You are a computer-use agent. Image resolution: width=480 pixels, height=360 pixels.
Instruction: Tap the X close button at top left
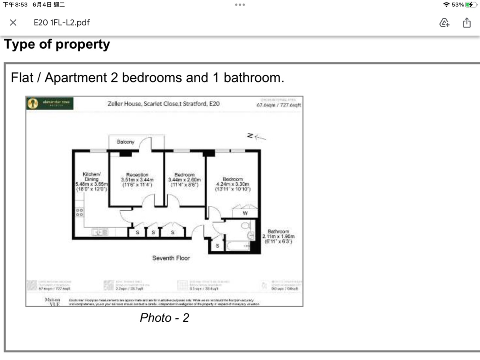13,22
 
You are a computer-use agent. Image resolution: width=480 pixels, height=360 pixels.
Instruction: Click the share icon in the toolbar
466,22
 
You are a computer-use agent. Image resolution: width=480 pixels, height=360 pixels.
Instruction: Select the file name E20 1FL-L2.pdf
61,22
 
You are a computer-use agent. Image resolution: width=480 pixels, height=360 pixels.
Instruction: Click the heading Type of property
57,44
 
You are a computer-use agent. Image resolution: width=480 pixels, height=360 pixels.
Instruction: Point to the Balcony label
125,142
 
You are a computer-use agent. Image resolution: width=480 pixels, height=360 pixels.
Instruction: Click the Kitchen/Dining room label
91,177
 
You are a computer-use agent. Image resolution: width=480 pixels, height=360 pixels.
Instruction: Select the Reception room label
137,175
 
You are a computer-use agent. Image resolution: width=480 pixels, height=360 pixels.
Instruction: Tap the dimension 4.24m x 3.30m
232,184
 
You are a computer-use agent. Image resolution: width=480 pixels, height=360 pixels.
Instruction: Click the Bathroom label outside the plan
278,231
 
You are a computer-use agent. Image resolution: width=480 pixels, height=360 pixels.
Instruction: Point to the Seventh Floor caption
171,258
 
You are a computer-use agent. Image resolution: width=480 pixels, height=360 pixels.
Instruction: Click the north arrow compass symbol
256,136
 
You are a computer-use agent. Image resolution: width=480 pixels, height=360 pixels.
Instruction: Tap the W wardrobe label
245,213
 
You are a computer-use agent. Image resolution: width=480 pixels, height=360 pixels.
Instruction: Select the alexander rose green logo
50,103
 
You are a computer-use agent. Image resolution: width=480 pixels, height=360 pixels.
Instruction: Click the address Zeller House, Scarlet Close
163,103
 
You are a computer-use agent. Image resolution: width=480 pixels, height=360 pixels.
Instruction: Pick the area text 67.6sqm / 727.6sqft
278,105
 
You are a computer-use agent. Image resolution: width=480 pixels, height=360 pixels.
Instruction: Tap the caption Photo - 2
164,318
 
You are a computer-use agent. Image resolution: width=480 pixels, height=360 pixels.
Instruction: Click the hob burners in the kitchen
79,213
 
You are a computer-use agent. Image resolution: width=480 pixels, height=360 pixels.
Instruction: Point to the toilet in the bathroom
246,226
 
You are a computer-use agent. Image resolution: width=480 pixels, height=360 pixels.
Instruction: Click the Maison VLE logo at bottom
52,302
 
